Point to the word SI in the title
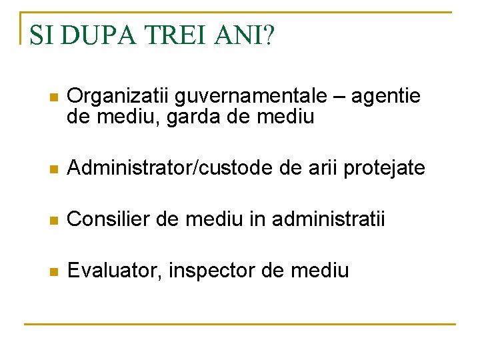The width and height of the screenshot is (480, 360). click(41, 35)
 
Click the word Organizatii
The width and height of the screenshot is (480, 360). click(119, 97)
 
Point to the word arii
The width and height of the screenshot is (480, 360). click(324, 168)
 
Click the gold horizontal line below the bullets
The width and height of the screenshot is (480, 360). click(240, 324)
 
